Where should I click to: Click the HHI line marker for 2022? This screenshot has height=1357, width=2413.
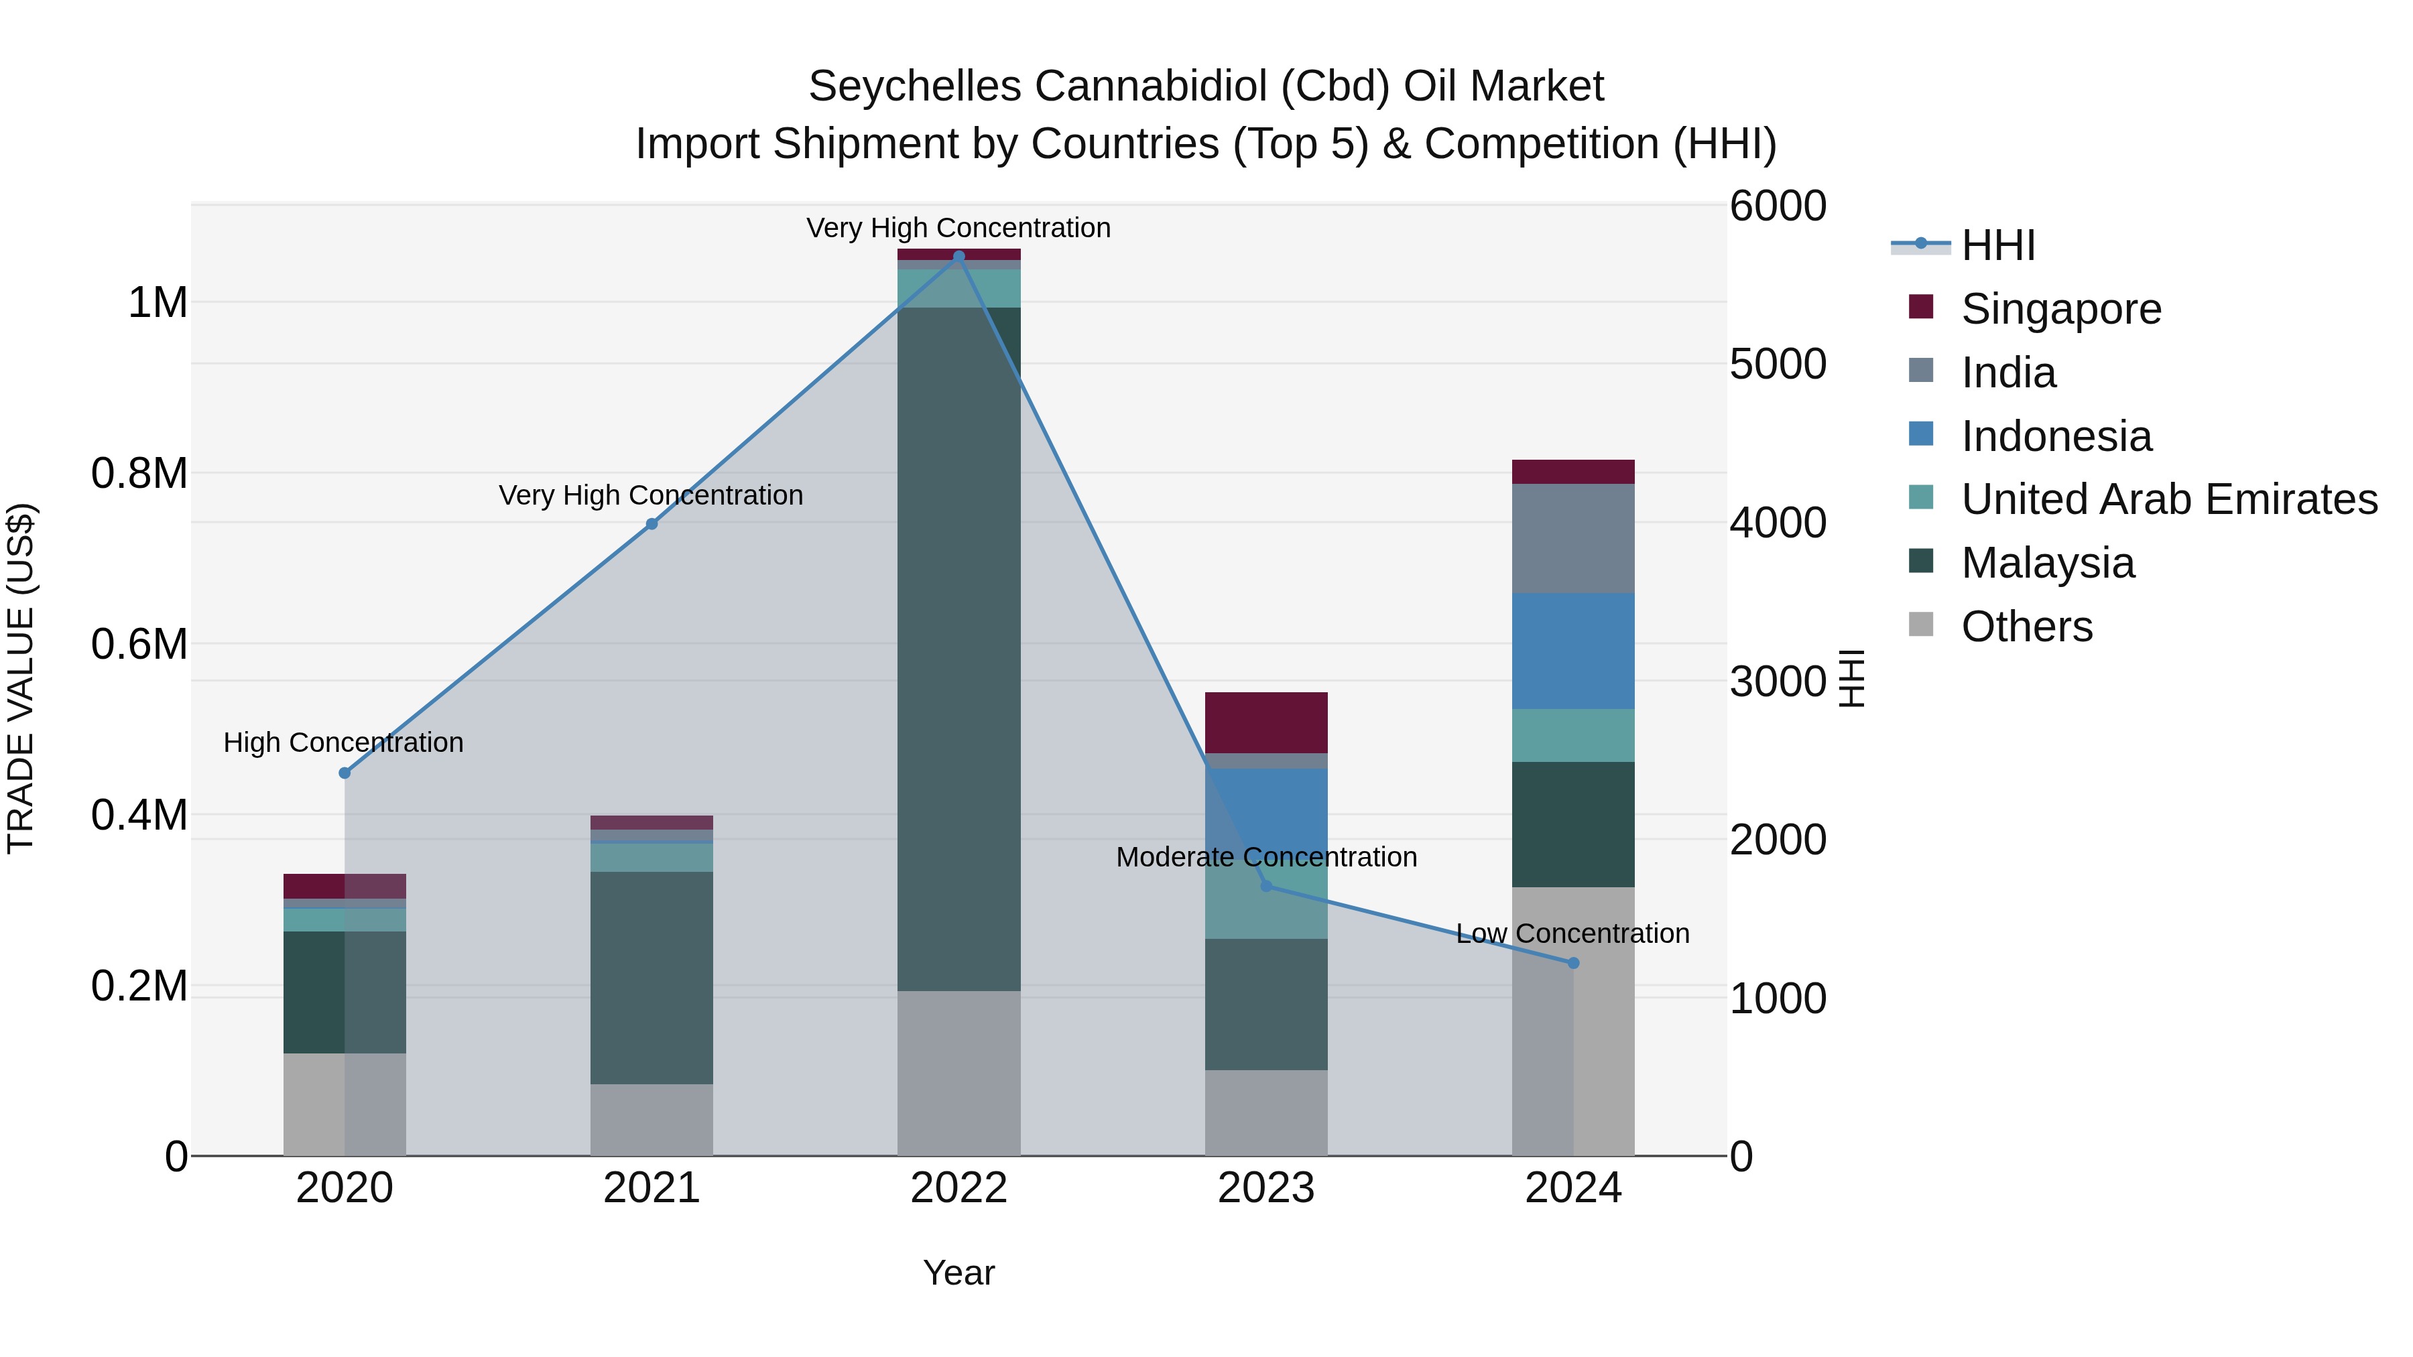pyautogui.click(x=958, y=257)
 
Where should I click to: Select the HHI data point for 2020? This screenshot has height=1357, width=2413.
pyautogui.click(x=345, y=773)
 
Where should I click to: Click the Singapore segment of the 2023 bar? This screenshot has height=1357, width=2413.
pyautogui.click(x=1265, y=722)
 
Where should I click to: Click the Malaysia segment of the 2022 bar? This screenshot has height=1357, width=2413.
pyautogui.click(x=958, y=648)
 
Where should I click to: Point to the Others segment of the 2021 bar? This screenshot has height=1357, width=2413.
pyautogui.click(x=651, y=1119)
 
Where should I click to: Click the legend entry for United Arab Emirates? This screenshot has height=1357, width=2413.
pyautogui.click(x=2168, y=499)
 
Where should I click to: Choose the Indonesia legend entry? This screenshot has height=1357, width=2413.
pyautogui.click(x=2056, y=436)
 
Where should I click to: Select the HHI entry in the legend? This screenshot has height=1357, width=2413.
pyautogui.click(x=1997, y=245)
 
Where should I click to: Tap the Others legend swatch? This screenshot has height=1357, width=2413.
pyautogui.click(x=1920, y=625)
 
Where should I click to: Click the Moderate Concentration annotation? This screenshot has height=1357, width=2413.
pyautogui.click(x=1265, y=857)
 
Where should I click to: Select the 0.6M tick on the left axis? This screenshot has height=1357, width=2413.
pyautogui.click(x=139, y=644)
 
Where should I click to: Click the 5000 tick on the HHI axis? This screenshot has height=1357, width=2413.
pyautogui.click(x=1777, y=365)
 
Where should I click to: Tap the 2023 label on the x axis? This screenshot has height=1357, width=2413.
pyautogui.click(x=1265, y=1188)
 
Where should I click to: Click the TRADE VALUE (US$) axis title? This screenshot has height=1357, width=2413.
pyautogui.click(x=21, y=678)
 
